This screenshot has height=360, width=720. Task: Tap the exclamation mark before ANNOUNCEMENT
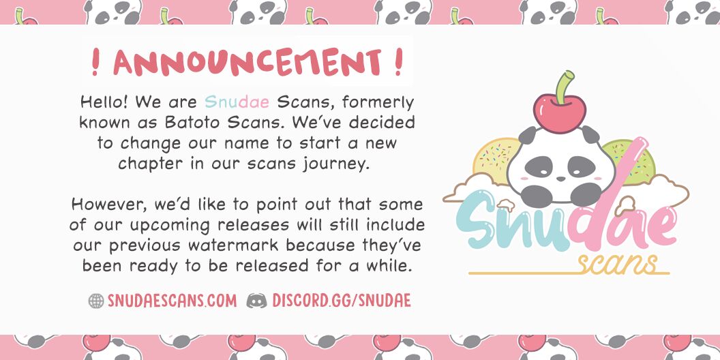pyautogui.click(x=95, y=62)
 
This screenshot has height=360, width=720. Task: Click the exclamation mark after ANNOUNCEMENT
pyautogui.click(x=399, y=62)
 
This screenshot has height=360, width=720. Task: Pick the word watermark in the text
pyautogui.click(x=232, y=245)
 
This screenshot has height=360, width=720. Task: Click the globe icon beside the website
pyautogui.click(x=96, y=301)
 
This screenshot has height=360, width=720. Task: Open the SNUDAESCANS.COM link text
pyautogui.click(x=172, y=301)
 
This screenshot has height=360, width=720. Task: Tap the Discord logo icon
pyautogui.click(x=256, y=301)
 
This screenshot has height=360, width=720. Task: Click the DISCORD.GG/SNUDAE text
pyautogui.click(x=341, y=301)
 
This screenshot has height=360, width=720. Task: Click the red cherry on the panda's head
pyautogui.click(x=559, y=112)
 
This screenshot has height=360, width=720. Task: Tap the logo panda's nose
pyautogui.click(x=560, y=179)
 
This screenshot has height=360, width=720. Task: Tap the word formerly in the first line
pyautogui.click(x=378, y=103)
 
